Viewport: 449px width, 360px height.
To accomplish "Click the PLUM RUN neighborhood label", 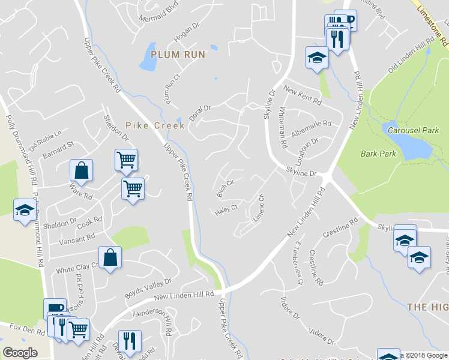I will (178, 55).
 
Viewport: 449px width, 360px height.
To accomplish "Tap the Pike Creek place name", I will (148, 125).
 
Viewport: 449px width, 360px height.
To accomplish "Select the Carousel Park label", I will (414, 130).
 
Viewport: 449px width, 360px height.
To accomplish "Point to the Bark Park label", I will (378, 154).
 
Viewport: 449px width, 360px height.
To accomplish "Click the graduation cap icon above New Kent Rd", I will (317, 58).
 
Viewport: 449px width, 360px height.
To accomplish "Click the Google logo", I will (20, 353).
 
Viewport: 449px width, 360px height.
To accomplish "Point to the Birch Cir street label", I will (225, 187).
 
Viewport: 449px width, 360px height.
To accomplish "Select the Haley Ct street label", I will (226, 210).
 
